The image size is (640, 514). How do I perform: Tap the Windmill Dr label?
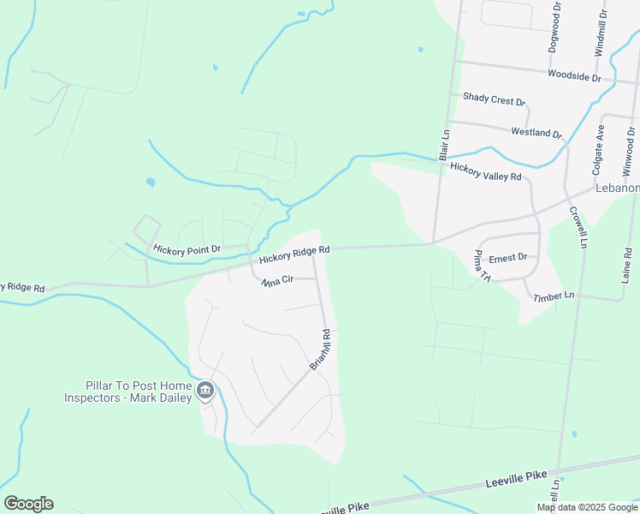[x=602, y=33]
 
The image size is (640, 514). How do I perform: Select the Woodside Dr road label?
[x=575, y=76]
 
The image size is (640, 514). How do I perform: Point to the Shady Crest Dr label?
[x=494, y=100]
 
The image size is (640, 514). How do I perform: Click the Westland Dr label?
[x=536, y=133]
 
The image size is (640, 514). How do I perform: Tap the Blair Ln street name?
[x=444, y=146]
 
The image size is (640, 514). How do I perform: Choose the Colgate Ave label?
[x=600, y=145]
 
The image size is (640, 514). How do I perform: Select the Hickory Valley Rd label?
[x=485, y=172]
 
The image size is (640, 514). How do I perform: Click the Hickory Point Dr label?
[x=187, y=249]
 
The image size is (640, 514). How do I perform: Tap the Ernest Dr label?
[x=507, y=257]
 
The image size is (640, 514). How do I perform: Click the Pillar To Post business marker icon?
[x=205, y=391]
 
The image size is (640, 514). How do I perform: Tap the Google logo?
[x=28, y=504]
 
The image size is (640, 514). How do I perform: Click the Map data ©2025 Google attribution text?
[x=587, y=507]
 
